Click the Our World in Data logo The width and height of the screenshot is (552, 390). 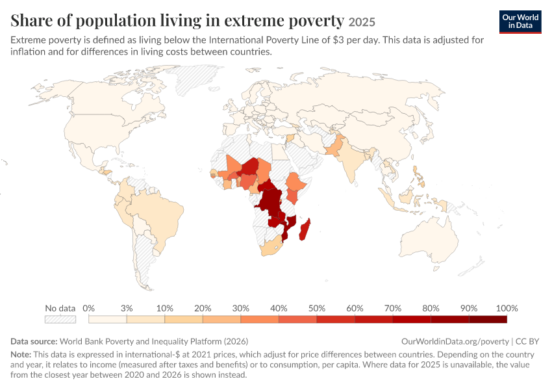pyautogui.click(x=520, y=22)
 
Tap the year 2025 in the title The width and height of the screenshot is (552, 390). pyautogui.click(x=362, y=22)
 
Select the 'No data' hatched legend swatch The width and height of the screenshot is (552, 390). pyautogui.click(x=60, y=319)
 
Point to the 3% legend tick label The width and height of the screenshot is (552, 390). pyautogui.click(x=127, y=308)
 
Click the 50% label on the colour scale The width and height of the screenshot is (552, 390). pyautogui.click(x=317, y=308)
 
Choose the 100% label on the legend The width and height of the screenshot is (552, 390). pyautogui.click(x=507, y=308)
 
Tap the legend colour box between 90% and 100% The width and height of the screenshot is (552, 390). pyautogui.click(x=488, y=319)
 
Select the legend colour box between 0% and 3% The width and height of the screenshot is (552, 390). pyautogui.click(x=108, y=319)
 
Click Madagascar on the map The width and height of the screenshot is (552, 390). pyautogui.click(x=305, y=229)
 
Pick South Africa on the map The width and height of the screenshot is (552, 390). pyautogui.click(x=270, y=247)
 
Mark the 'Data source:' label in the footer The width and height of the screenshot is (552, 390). pyautogui.click(x=34, y=341)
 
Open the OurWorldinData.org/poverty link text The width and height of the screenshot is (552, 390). pyautogui.click(x=455, y=341)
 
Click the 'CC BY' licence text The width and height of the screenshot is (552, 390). pyautogui.click(x=527, y=341)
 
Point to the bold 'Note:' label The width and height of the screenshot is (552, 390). pyautogui.click(x=21, y=354)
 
